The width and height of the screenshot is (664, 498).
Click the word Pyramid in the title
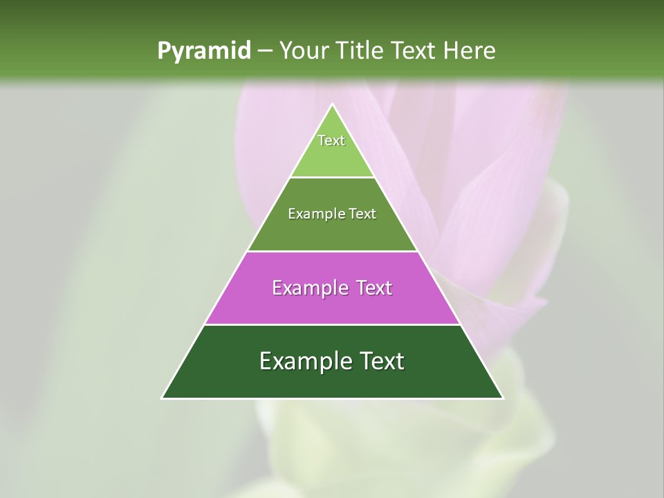click(x=203, y=51)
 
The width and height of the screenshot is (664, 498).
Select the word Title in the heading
click(x=360, y=50)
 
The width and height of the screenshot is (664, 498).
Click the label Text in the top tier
click(x=331, y=140)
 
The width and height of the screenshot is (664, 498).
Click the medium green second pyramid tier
click(x=332, y=232)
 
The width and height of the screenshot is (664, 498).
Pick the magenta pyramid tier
click(x=332, y=304)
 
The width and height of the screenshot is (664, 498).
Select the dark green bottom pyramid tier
click(x=332, y=380)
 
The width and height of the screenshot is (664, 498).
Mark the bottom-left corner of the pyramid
click(x=163, y=398)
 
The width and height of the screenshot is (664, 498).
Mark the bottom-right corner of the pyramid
click(x=503, y=398)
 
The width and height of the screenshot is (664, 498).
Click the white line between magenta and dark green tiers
click(x=332, y=324)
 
